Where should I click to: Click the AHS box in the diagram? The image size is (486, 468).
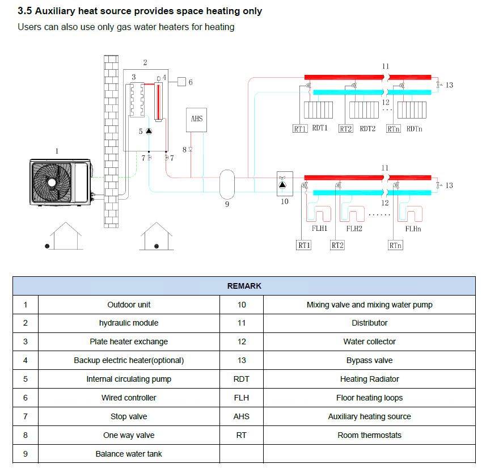pos(197,119)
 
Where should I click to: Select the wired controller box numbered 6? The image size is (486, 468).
pos(181,82)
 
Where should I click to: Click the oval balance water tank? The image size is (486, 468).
pos(227,183)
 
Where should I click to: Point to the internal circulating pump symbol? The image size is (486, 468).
pos(149,131)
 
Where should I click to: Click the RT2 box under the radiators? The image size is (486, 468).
pos(345,129)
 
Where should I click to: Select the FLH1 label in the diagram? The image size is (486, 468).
pos(320,229)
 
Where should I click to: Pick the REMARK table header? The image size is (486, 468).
pos(244,286)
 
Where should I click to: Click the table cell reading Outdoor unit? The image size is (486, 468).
pos(129,305)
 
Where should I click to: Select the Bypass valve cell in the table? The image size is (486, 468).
pos(369,360)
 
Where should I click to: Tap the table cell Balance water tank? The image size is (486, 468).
pos(129,454)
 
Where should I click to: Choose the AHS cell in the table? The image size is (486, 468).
pos(241,416)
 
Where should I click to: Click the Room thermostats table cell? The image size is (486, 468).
pos(369,435)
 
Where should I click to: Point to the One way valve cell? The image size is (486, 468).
pos(129,435)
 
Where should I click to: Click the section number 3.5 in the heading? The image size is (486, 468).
pos(25,11)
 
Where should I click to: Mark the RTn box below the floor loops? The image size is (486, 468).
pos(395,245)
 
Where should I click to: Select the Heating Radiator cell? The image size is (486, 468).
pos(369,379)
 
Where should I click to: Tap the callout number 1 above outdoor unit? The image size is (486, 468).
pos(56,151)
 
